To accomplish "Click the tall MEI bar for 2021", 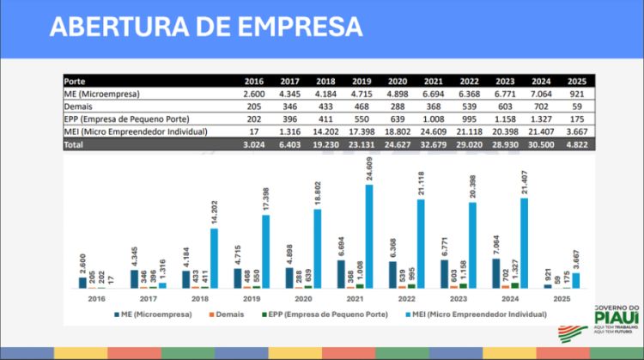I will pos(369,235).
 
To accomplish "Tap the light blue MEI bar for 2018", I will pos(214,258).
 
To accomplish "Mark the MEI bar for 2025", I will pos(575,280).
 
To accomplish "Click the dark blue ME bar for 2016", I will pos(83,282).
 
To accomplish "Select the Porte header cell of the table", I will pos(75,81).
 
